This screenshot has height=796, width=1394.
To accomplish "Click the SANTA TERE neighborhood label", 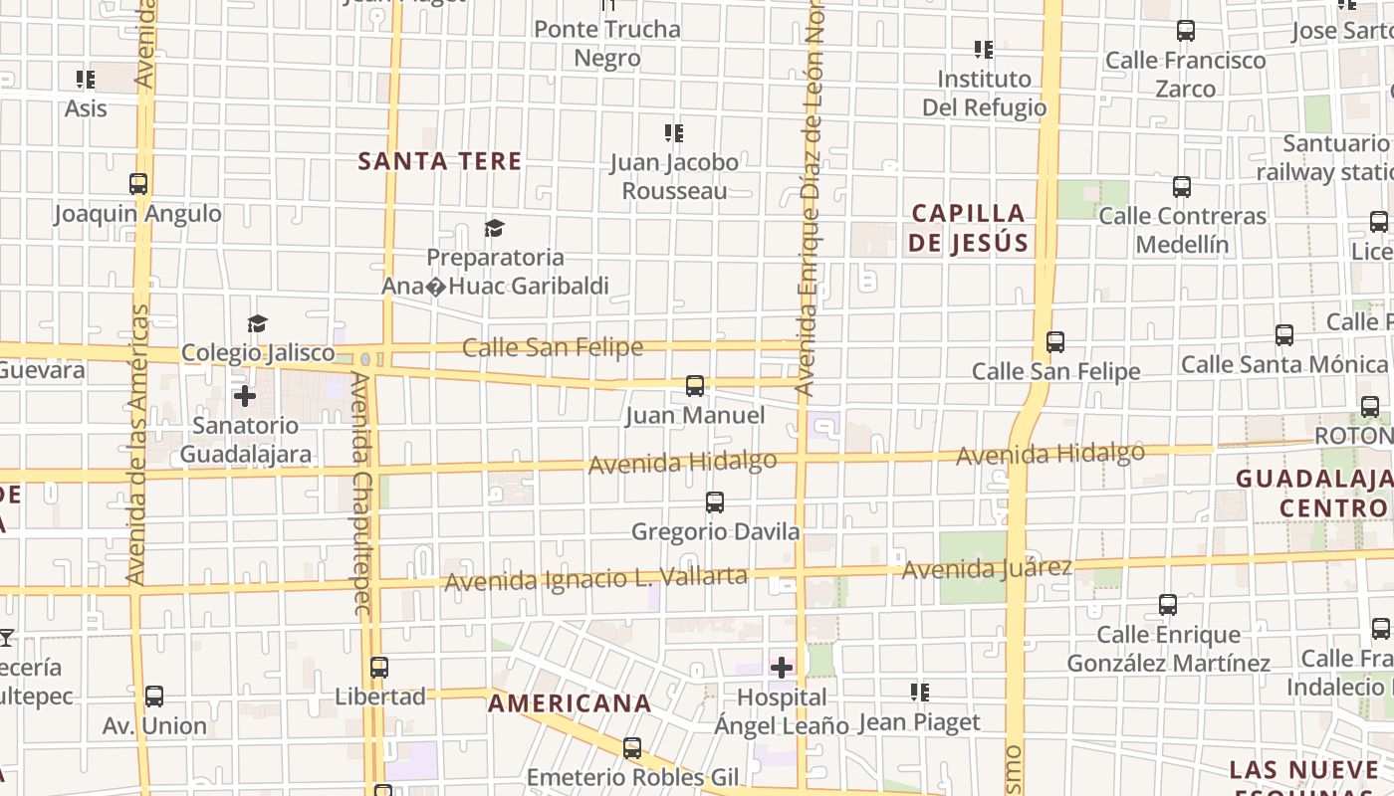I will pos(439,161).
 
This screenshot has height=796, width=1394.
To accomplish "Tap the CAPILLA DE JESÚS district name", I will pos(968,228).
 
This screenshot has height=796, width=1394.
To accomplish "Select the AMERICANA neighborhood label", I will pos(570,703).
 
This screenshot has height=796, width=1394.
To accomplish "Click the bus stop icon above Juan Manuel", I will pos(695,386).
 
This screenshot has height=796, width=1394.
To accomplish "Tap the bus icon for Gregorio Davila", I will pos(715,502).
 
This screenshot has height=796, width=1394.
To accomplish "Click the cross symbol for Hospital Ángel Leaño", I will pos(782,667).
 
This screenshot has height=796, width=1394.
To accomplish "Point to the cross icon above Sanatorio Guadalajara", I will pos(244,396).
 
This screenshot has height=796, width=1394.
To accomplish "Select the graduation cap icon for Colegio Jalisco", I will pos(258,323).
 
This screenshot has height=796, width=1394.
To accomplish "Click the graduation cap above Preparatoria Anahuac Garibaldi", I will pos(494,229).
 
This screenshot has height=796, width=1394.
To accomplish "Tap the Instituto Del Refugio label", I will pos(984,93).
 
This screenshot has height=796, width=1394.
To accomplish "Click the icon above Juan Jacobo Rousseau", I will pos(674,132).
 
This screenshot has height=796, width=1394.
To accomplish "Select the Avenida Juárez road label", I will pos(987,569).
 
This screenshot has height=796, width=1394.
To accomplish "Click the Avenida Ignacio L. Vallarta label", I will pos(595,578).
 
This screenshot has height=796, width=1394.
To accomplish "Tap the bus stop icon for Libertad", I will pos(379,668).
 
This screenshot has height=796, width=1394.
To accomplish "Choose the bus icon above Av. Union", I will pos(154,696).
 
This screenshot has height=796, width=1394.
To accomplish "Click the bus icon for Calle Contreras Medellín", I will pos(1182,186).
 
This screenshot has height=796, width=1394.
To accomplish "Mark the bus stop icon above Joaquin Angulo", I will pos(138,184).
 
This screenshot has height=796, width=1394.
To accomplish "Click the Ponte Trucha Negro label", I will pos(607,44).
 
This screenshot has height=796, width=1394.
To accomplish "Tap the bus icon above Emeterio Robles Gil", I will pos(632,748).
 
